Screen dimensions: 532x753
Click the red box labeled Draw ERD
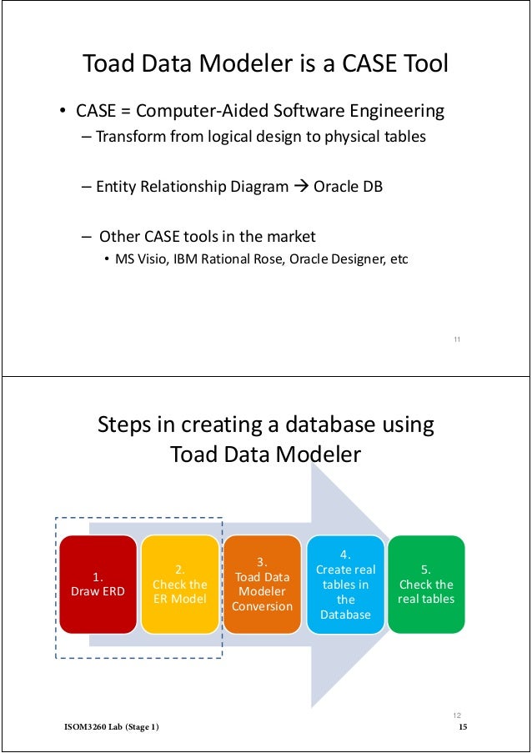(98, 583)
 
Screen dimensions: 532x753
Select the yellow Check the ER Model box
(179, 584)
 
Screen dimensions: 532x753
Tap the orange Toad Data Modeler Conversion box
(262, 584)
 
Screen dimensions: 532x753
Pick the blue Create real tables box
(345, 584)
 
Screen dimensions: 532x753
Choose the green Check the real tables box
(426, 584)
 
